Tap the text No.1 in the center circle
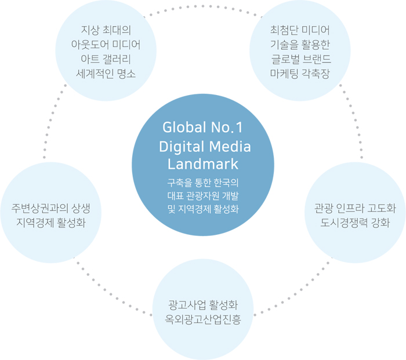225,127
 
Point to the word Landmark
203,164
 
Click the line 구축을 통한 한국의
203,183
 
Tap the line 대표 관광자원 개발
203,195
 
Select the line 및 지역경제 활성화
203,208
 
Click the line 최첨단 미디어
300,30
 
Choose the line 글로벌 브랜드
300,59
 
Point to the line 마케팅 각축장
300,74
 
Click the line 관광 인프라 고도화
355,208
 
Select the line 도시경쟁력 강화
355,223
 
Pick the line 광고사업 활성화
203,305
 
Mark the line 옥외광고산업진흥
203,319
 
